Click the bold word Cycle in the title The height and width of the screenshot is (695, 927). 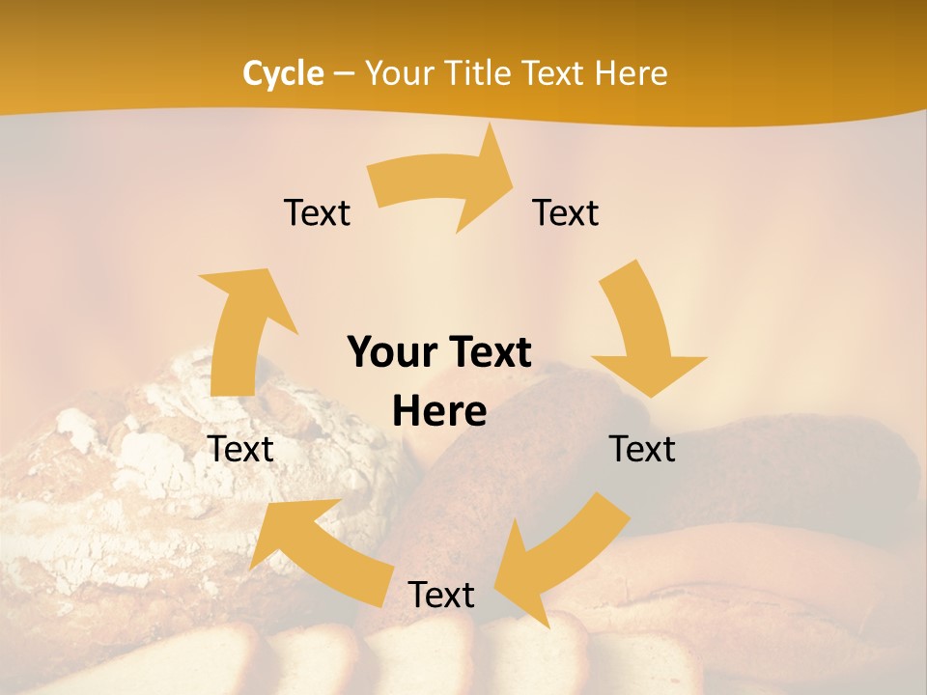(283, 73)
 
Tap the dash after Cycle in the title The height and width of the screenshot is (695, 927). (344, 74)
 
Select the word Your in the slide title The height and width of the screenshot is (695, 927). (396, 73)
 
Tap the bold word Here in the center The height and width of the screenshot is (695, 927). (439, 412)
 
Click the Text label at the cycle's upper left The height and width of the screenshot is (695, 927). (317, 213)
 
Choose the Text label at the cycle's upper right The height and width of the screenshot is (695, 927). (566, 213)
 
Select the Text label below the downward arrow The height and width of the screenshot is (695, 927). (642, 450)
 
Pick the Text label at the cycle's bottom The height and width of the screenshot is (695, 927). (441, 596)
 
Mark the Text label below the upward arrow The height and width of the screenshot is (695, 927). (240, 450)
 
